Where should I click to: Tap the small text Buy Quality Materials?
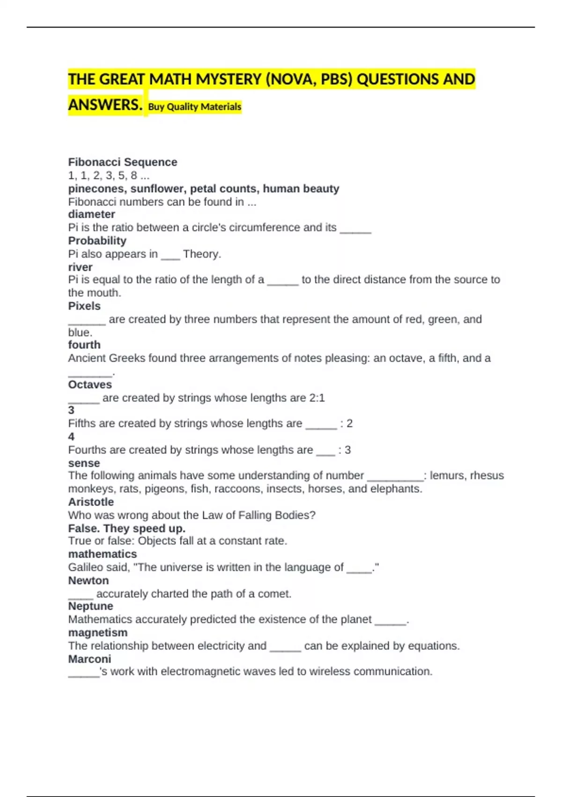194,107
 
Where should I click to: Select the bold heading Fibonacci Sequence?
123,162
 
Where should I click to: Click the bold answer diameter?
91,214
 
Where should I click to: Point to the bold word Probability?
97,241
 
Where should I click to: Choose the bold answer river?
80,267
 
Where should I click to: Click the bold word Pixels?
84,306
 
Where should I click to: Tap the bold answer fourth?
84,345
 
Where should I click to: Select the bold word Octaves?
90,385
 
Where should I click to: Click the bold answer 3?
71,410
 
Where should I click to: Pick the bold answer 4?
71,437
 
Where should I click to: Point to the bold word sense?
84,463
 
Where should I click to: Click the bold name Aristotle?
91,502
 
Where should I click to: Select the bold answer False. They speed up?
126,528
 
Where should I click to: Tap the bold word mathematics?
103,554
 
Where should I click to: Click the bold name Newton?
88,580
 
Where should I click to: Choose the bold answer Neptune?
90,606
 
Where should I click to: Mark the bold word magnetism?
97,632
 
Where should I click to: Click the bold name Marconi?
89,659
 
